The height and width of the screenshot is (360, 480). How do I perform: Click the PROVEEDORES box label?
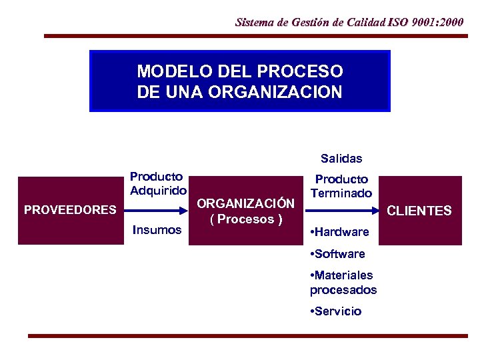70,210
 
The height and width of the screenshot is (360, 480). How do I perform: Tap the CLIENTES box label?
419,211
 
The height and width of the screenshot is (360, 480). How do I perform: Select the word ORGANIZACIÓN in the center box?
246,203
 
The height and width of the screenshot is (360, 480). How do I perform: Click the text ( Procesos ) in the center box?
246,219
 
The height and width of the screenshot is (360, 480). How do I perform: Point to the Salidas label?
341,159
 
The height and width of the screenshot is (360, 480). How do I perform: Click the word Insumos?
157,230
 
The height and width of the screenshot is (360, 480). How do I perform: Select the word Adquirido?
158,191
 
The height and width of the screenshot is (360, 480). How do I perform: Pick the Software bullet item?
337,254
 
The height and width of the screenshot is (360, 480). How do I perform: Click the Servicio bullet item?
336,311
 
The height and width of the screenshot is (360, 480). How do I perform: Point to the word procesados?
343,290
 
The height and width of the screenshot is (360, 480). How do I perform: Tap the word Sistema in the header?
255,22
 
